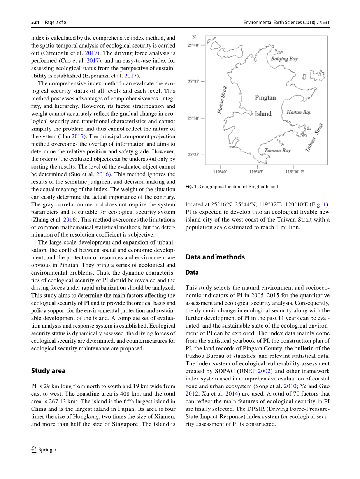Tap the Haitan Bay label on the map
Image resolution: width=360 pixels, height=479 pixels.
[x=299, y=112]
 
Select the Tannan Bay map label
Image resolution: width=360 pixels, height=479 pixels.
[x=277, y=150]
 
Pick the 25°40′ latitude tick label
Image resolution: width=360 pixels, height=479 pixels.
[x=193, y=45]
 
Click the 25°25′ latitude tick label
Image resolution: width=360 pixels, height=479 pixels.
[x=193, y=155]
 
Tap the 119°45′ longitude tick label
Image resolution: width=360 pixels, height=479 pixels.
[x=256, y=171]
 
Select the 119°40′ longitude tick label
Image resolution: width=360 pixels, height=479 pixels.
[x=220, y=171]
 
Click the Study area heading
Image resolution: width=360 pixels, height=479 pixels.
[x=48, y=371]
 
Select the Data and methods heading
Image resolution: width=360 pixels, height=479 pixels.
[x=215, y=257]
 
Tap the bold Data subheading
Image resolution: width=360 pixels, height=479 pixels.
[x=192, y=273]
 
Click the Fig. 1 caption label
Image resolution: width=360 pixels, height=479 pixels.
[x=191, y=187]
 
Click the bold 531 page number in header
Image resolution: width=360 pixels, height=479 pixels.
[x=35, y=23]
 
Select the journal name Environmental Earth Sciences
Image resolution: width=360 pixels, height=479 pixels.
[x=272, y=23]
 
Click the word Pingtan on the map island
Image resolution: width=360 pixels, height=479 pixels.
[x=265, y=98]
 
